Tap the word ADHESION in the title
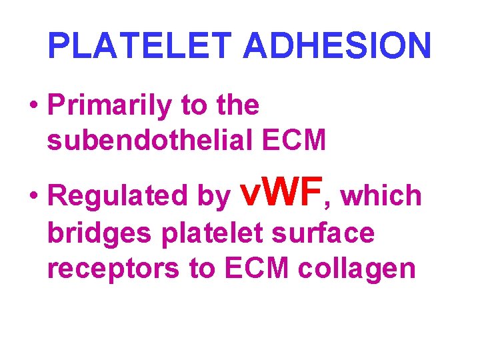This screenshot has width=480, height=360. tap(337, 46)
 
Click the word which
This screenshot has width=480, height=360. tap(383, 196)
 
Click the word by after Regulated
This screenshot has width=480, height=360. tap(211, 197)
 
